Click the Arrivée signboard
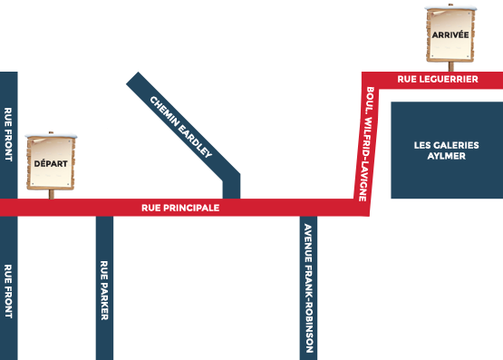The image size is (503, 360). pos(450,36)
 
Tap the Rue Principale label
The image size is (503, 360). pos(180,208)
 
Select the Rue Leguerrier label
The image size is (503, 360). pos(437,80)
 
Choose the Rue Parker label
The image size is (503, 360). pos(104,290)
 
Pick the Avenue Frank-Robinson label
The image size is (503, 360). pos(309,288)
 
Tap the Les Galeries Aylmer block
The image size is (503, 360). pos(446,151)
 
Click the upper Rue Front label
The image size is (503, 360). pos(8,135)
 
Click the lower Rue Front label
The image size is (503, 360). pos(8,290)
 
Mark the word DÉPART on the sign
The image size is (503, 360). pos(50,164)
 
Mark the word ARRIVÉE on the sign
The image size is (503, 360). pos(450,34)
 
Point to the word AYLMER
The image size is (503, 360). pos(446,157)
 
